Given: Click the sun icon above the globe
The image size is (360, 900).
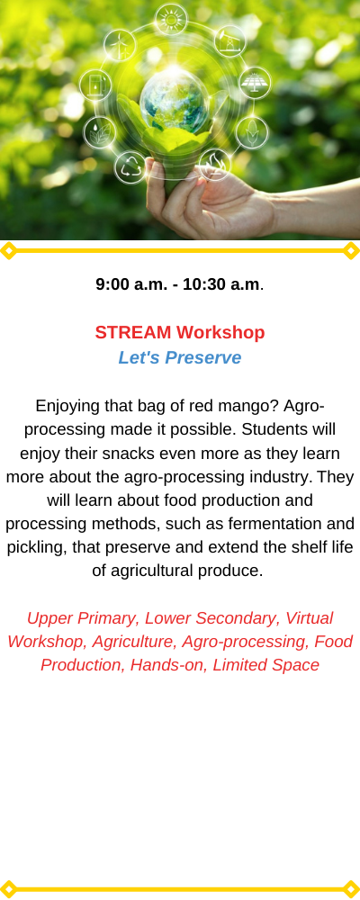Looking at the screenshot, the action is tap(171, 20).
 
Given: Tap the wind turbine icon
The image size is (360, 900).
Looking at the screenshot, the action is tap(120, 45).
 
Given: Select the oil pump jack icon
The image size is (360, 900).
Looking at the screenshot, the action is tap(230, 41).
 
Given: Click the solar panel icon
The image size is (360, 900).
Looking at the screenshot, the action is tap(255, 83).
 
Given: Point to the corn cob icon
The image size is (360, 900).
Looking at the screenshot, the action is tap(251, 132).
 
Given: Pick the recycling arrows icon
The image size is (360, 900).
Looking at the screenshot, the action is tap(130, 167).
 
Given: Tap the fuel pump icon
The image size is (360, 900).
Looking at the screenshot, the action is tap(95, 85).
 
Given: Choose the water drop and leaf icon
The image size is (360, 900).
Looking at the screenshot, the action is tap(99, 132).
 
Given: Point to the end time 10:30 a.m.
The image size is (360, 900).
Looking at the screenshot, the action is tap(221, 284).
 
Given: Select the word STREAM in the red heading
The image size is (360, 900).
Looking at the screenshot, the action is tap(133, 332).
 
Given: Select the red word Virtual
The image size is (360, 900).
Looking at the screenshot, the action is tap(309, 618).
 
